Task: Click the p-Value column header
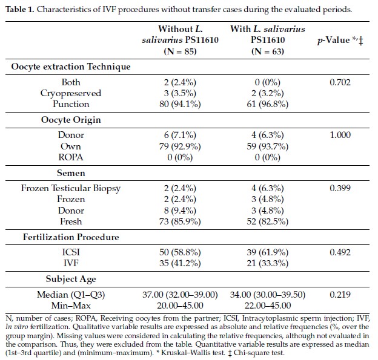(340, 40)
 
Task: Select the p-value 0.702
(340, 82)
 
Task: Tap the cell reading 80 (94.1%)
(180, 104)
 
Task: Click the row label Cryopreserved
(71, 93)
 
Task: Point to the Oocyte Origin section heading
(71, 120)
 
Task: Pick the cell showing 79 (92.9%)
(180, 146)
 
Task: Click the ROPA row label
(71, 157)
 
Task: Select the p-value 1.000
(340, 135)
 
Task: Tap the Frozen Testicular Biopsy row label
(71, 188)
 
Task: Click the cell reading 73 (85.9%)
(180, 221)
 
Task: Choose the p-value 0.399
(340, 188)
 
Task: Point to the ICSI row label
(71, 252)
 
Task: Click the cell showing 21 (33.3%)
(268, 263)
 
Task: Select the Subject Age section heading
(71, 279)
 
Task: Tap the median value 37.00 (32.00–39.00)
(180, 295)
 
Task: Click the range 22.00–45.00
(268, 306)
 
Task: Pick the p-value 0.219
(340, 295)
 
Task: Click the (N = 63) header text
(268, 51)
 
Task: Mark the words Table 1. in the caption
(20, 10)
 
